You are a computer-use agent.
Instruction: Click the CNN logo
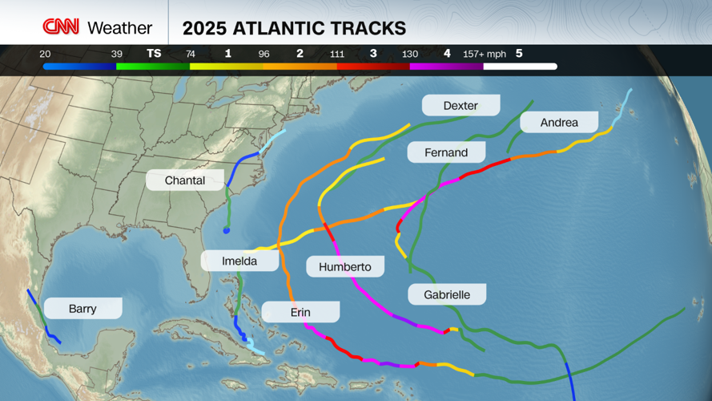coord(61,27)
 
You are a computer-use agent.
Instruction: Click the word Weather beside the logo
coord(119,28)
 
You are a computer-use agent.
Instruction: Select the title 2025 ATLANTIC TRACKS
coord(294,28)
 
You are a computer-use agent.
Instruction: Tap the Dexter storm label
coord(461,105)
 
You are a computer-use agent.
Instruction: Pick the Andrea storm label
coord(559,122)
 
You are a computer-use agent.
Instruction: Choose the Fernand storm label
coord(447,152)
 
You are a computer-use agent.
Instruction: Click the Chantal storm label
coord(185,180)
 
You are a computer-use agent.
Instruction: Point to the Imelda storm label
coord(239,261)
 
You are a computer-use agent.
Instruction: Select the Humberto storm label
coord(344,266)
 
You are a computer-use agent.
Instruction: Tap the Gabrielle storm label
coord(447,294)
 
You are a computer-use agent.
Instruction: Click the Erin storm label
coord(300,312)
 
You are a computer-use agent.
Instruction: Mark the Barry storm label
coord(82,308)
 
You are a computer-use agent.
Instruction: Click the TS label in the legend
coord(154,54)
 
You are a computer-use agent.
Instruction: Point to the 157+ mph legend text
coord(485,54)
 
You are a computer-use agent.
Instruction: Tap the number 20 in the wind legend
coord(45,54)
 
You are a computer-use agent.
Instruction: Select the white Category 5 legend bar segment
coord(520,67)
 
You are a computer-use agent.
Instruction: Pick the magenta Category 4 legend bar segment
coord(446,67)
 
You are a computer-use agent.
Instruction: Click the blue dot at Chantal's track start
coord(227,231)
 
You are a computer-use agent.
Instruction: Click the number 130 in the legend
coord(409,54)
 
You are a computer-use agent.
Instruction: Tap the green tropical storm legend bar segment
coord(153,67)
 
